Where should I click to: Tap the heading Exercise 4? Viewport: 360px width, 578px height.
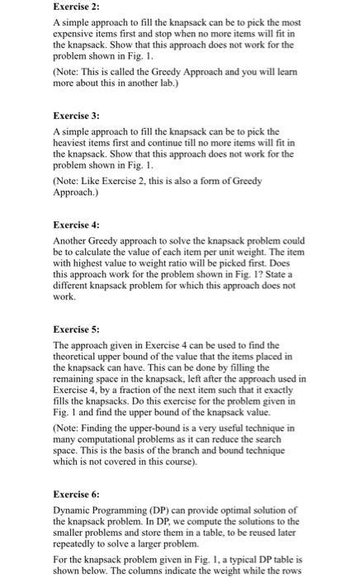pyautogui.click(x=76, y=225)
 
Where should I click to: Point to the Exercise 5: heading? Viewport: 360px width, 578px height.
pyautogui.click(x=76, y=329)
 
